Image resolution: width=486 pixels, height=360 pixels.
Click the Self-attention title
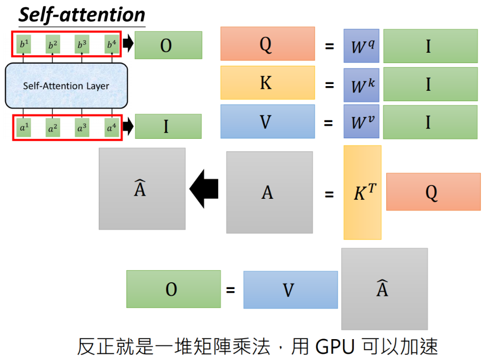point(81,15)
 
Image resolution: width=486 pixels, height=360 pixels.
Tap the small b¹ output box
point(23,44)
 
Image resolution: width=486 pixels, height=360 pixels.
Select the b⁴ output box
point(110,44)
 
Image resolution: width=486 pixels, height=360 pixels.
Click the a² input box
point(52,127)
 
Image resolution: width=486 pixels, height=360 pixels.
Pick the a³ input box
point(82,127)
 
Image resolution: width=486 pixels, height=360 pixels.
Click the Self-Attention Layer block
point(66,86)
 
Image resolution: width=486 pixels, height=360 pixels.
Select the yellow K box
point(267,82)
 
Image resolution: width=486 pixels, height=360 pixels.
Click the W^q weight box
point(361,46)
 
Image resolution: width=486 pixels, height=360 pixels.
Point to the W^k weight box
point(361,84)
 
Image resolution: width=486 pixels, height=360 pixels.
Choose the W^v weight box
point(361,122)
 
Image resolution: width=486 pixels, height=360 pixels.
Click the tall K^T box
point(362,193)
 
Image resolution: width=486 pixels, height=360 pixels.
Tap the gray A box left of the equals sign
point(269,193)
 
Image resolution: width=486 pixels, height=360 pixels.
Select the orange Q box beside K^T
point(433,192)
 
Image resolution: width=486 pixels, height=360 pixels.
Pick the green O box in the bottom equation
point(173,289)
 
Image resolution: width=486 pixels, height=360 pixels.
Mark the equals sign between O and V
point(230,290)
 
